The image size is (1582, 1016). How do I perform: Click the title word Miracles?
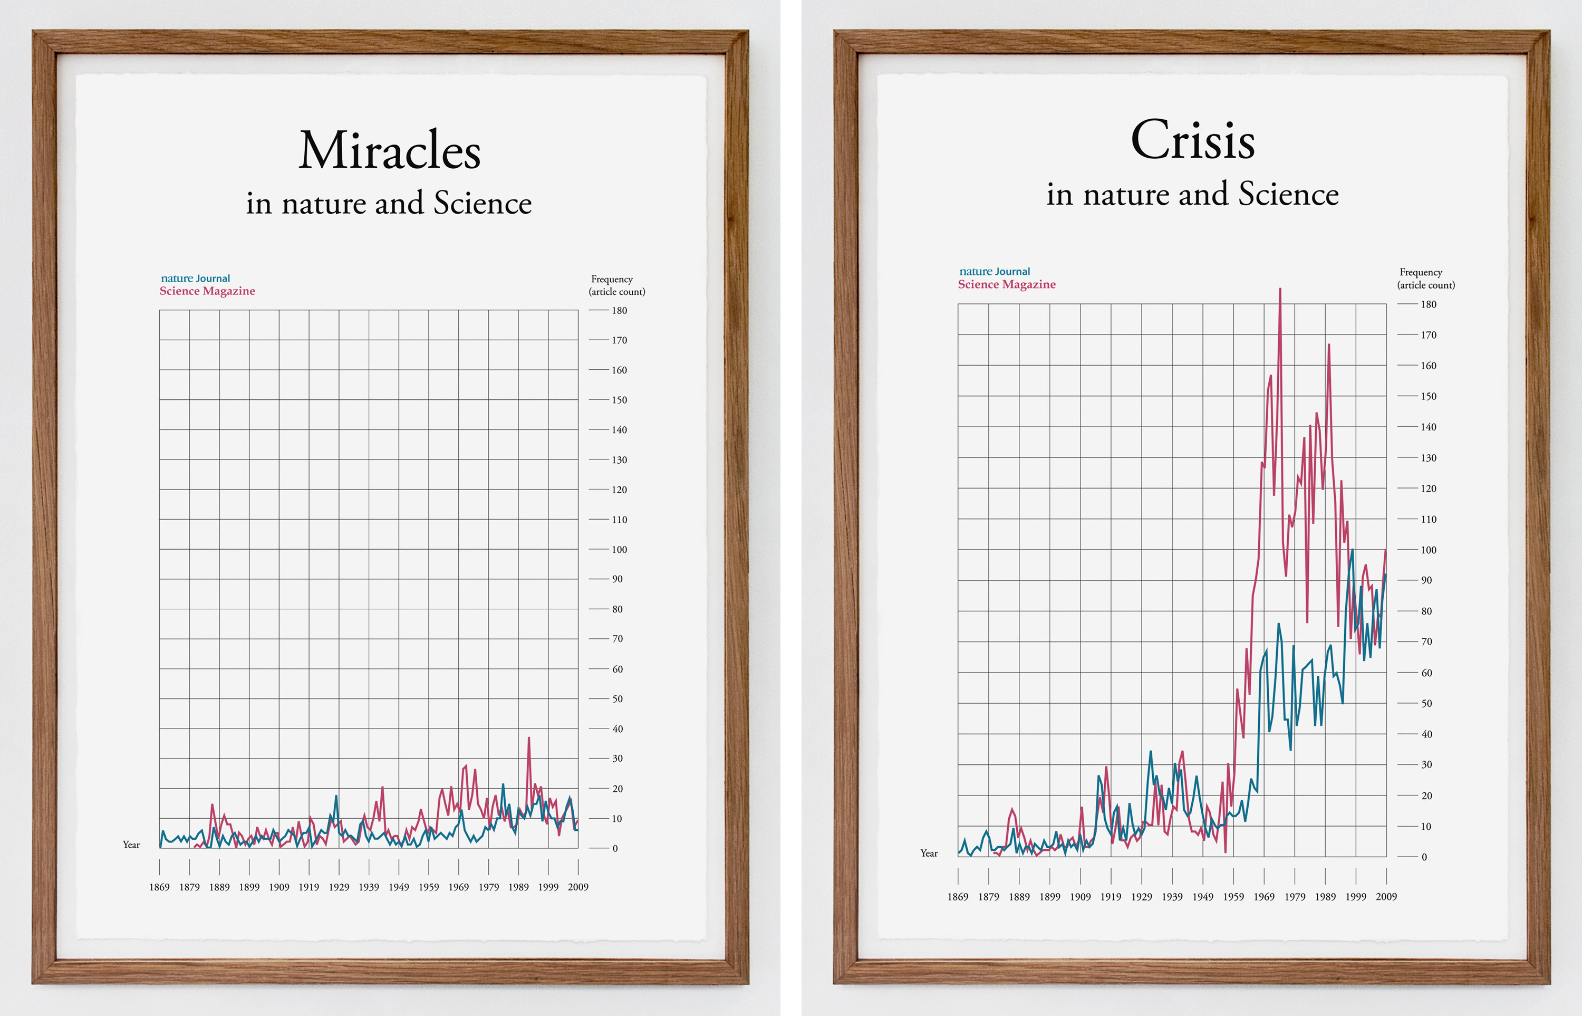pyautogui.click(x=389, y=151)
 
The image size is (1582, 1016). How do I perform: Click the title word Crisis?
pyautogui.click(x=1192, y=140)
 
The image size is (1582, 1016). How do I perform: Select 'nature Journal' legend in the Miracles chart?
pyautogui.click(x=195, y=279)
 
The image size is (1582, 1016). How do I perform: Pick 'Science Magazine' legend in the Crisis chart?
pyautogui.click(x=1006, y=284)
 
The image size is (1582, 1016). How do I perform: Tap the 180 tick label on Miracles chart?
pyautogui.click(x=619, y=311)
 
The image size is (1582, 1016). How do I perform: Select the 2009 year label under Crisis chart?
pyautogui.click(x=1386, y=897)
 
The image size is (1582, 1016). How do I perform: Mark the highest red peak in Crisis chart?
pyautogui.click(x=1280, y=290)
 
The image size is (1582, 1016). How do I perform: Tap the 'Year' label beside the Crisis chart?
pyautogui.click(x=929, y=854)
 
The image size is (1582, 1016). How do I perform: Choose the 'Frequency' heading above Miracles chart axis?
pyautogui.click(x=611, y=279)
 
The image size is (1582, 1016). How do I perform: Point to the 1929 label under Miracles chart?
pyautogui.click(x=339, y=887)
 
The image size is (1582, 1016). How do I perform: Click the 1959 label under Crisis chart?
pyautogui.click(x=1233, y=897)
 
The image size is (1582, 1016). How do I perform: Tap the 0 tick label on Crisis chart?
pyautogui.click(x=1424, y=858)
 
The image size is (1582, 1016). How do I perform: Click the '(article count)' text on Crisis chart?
pyautogui.click(x=1426, y=285)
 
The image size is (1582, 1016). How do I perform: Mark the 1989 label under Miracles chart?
pyautogui.click(x=518, y=887)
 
